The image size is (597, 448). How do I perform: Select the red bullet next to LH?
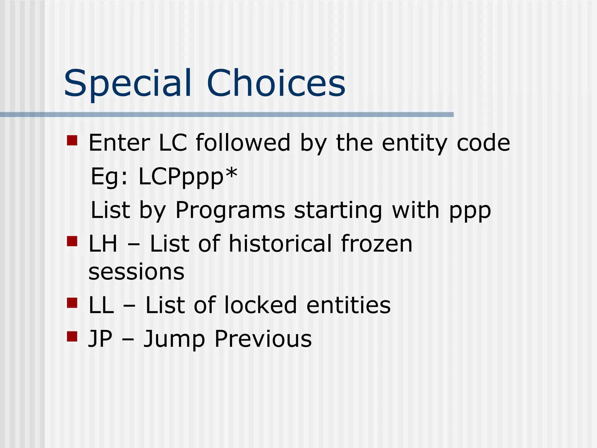[x=72, y=241]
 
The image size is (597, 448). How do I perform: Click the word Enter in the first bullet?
[x=119, y=143]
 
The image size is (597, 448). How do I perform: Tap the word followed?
[x=243, y=143]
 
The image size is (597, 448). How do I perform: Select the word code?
[x=483, y=143]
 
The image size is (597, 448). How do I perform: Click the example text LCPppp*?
[x=188, y=177]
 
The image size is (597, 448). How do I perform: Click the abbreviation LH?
[x=103, y=244]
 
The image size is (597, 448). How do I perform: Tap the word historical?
[x=280, y=244]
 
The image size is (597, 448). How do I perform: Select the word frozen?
[x=376, y=244]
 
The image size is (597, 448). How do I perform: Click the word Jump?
[x=174, y=339]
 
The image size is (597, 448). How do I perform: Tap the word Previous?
[x=263, y=339]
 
